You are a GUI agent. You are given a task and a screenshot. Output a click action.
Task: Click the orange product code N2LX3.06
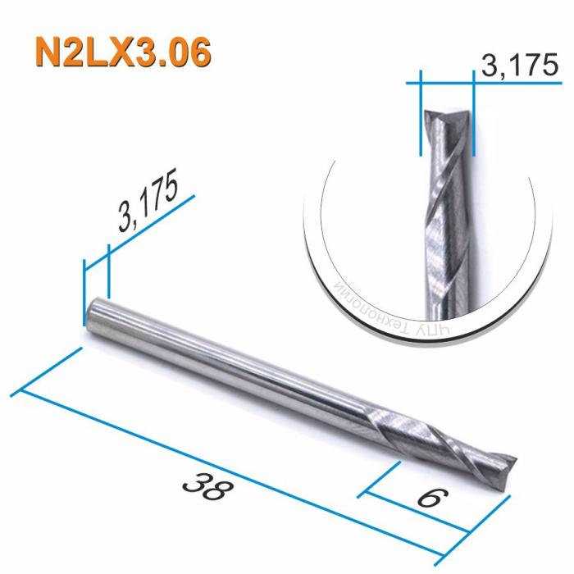(x=124, y=51)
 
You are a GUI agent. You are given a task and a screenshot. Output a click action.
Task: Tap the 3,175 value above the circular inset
(x=514, y=66)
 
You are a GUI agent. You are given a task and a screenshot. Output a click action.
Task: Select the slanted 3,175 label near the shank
(x=148, y=204)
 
